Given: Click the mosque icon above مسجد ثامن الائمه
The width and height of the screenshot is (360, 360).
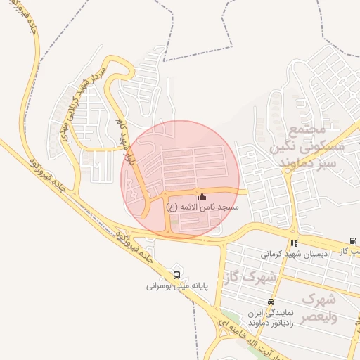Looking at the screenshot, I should coord(202,197).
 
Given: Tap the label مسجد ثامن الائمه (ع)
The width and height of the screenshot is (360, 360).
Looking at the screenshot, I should coord(202,208).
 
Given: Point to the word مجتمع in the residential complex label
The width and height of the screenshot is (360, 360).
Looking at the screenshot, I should coord(307,131).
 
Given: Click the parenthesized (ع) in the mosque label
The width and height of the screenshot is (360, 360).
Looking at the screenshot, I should coord(171,208).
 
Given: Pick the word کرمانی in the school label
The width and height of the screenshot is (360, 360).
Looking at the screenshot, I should coord(273,253).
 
